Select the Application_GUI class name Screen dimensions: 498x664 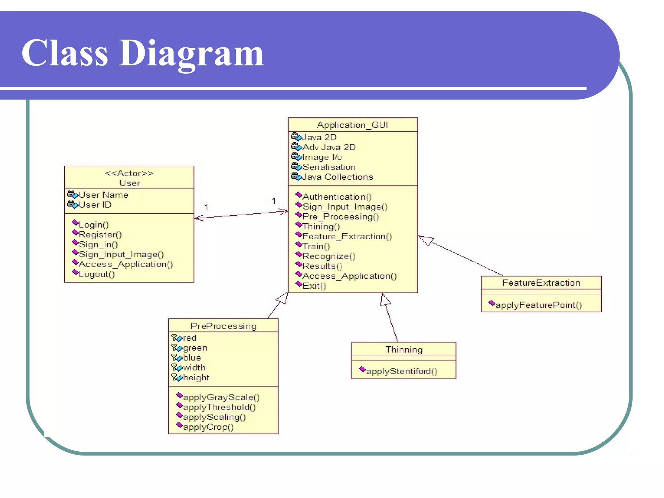click(x=352, y=125)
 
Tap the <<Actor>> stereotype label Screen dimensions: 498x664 click(x=129, y=173)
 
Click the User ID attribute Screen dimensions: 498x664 click(x=95, y=205)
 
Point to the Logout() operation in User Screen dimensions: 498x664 click(x=97, y=274)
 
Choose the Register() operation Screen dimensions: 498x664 click(x=100, y=234)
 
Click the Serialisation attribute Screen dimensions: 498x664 click(x=329, y=167)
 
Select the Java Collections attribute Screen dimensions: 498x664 click(x=338, y=177)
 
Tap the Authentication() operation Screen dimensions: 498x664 click(x=337, y=197)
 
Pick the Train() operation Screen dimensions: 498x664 click(x=316, y=246)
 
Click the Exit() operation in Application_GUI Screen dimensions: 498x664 click(x=314, y=286)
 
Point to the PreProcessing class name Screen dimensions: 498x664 click(x=223, y=326)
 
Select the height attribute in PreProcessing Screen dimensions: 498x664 click(x=196, y=378)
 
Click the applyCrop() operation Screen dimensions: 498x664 click(x=208, y=427)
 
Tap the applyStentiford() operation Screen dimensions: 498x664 click(x=401, y=371)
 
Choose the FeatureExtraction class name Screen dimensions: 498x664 click(x=541, y=283)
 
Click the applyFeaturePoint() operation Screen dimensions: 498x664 click(x=539, y=305)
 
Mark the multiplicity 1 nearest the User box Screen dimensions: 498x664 click(x=206, y=207)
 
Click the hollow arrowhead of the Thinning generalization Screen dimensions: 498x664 click(x=385, y=300)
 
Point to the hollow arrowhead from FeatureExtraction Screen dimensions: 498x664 click(x=426, y=240)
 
